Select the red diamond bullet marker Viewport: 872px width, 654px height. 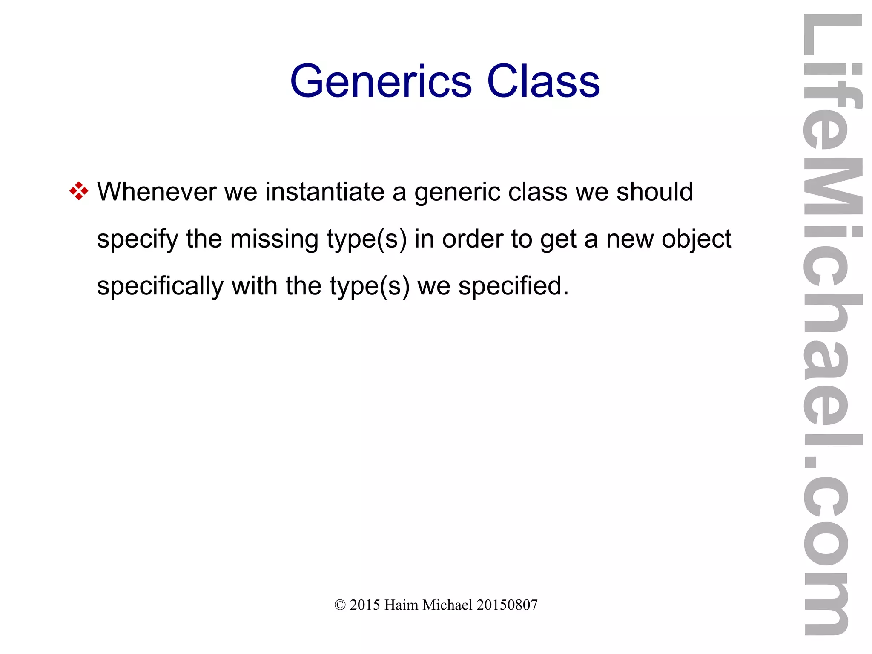(79, 191)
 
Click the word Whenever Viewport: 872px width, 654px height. (157, 191)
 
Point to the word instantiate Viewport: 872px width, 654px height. (325, 191)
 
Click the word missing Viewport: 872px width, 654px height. (274, 239)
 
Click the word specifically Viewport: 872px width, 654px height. (160, 286)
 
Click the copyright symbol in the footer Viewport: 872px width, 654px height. (340, 605)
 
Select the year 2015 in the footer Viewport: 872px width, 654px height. (364, 605)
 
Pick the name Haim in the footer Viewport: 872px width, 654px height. (401, 605)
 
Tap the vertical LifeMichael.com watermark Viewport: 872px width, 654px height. (832, 324)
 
